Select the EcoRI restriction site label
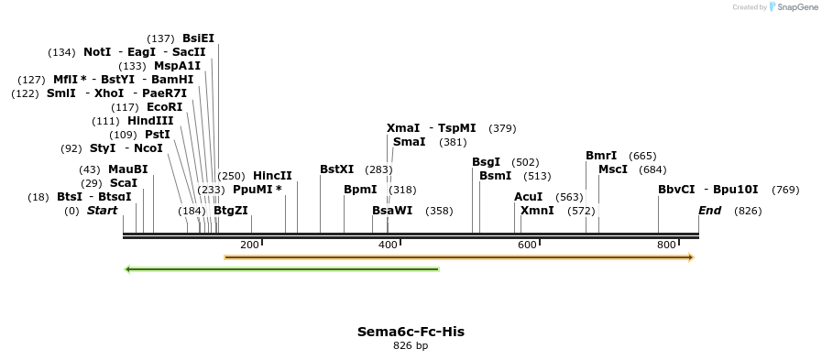click(164, 107)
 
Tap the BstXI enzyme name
click(336, 169)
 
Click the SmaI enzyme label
click(409, 142)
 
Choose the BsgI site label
click(486, 162)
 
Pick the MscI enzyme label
click(613, 169)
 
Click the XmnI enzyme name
click(537, 211)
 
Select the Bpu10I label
click(736, 190)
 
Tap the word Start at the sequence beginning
click(103, 211)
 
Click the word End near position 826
click(709, 211)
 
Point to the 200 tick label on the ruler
click(249, 245)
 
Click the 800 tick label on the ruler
click(666, 245)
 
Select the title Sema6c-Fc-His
click(411, 332)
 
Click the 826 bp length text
click(411, 346)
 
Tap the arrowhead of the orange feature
click(690, 257)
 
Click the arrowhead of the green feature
click(128, 269)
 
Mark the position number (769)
click(785, 190)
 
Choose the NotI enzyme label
click(97, 52)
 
